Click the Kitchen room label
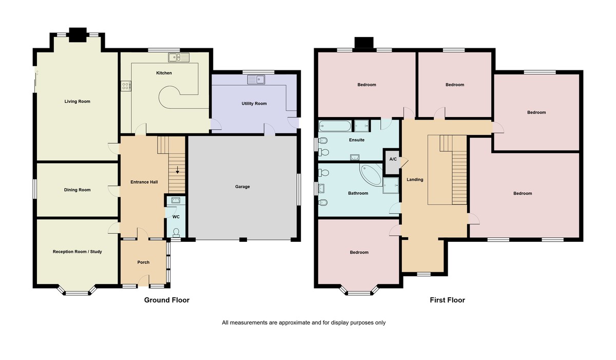(x=164, y=73)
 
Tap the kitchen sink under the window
(x=178, y=57)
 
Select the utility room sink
(x=256, y=79)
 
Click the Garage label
(x=242, y=186)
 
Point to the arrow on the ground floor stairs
(x=177, y=170)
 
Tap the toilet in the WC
(x=176, y=232)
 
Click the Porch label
(x=143, y=262)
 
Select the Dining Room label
(x=77, y=190)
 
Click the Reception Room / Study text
(x=78, y=252)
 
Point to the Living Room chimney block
(x=78, y=34)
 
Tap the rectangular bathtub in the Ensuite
(x=335, y=125)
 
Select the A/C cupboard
(x=393, y=159)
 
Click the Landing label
(x=415, y=179)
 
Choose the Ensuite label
(x=356, y=140)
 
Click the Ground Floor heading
(x=166, y=300)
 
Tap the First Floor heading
(x=447, y=300)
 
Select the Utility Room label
(x=254, y=104)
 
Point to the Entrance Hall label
(x=139, y=182)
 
